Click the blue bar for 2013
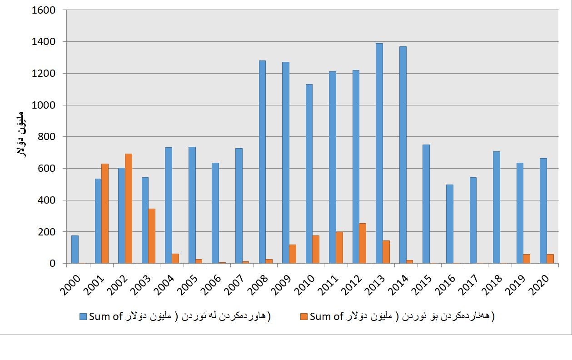(379, 153)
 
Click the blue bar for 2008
(262, 162)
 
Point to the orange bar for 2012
(363, 243)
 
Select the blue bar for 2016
(449, 224)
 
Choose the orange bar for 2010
(316, 249)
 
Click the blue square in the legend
(83, 316)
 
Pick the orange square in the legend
(304, 316)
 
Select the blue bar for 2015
(426, 204)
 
